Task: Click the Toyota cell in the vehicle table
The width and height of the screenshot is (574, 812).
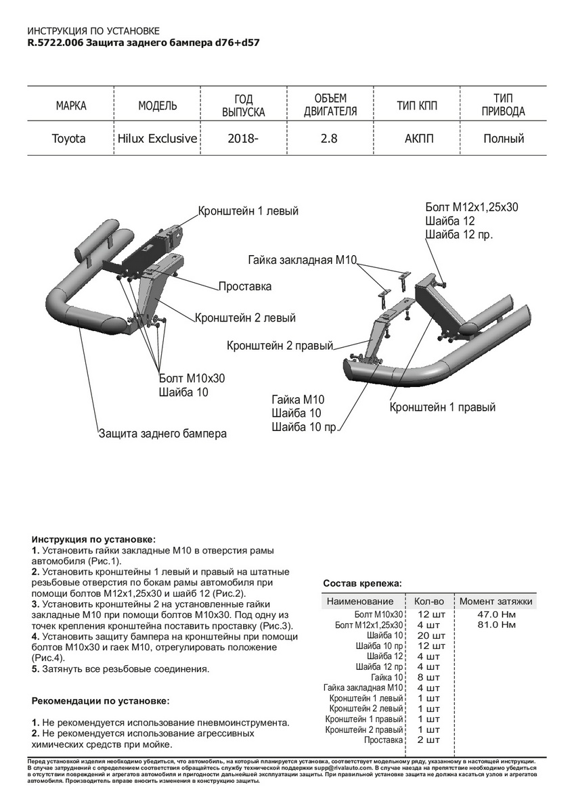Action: (69, 139)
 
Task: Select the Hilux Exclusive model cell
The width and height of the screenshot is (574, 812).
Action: (157, 139)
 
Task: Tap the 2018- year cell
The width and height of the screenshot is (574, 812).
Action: (244, 139)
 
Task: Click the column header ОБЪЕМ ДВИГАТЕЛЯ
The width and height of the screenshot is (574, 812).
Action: (330, 105)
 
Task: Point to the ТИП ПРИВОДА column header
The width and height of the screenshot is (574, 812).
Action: (503, 105)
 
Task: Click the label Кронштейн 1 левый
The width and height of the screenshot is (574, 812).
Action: (248, 211)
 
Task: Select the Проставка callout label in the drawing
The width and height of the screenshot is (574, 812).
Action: (245, 286)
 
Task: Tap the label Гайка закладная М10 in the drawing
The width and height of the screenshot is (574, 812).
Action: (302, 260)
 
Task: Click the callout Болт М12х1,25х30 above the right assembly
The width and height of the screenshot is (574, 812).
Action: (472, 207)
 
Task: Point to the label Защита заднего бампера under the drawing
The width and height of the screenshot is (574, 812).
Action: (162, 433)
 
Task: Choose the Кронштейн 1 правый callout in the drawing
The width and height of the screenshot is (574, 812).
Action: (443, 407)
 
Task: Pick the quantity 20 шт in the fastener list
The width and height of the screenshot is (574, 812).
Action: (432, 635)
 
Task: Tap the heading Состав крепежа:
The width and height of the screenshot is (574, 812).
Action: (362, 583)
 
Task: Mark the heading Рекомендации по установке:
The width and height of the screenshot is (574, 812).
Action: (101, 701)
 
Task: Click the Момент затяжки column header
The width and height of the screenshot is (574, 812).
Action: (496, 601)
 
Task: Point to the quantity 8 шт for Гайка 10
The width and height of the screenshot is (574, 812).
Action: (429, 677)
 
